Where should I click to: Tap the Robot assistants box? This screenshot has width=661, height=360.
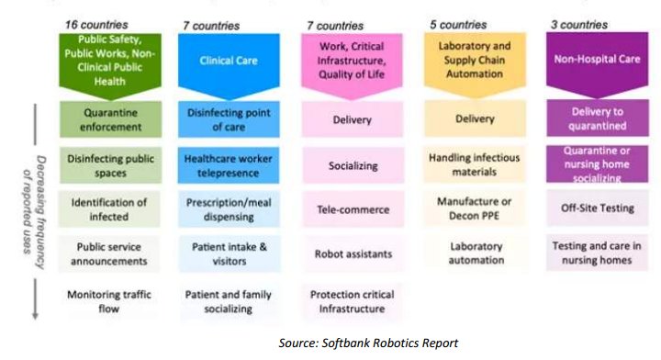point(353,253)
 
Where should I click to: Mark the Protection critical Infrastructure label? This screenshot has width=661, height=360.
point(353,302)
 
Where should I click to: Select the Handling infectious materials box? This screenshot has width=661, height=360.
point(475,164)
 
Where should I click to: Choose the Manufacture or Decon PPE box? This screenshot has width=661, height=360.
point(475,208)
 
